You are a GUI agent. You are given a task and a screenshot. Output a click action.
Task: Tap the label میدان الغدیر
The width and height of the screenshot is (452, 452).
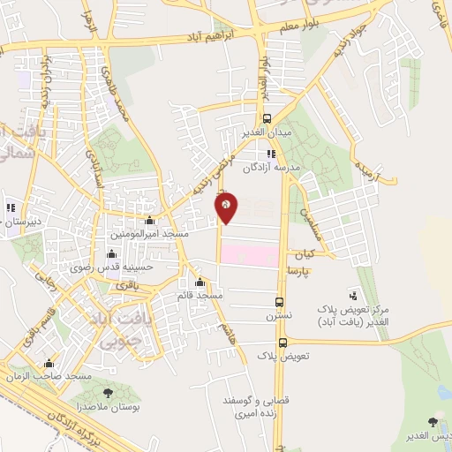pyautogui.click(x=267, y=132)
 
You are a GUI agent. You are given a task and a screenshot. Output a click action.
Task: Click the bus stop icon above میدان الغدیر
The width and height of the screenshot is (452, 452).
pyautogui.click(x=267, y=117)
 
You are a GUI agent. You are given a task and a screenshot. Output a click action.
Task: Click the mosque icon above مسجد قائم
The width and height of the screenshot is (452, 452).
pyautogui.click(x=201, y=282)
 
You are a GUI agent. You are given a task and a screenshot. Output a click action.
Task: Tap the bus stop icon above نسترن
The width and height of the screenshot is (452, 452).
pyautogui.click(x=279, y=300)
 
